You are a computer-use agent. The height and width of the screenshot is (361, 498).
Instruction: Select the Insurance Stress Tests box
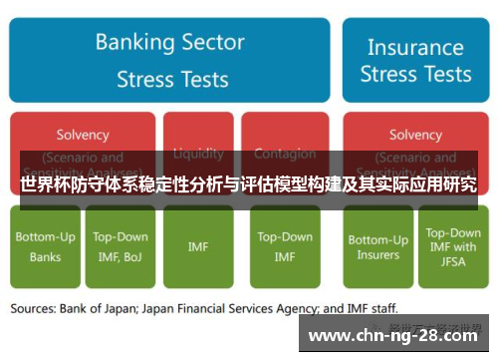(415, 60)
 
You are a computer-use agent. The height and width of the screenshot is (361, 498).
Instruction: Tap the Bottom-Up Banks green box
(45, 246)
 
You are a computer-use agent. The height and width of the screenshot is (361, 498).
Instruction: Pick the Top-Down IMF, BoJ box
(121, 246)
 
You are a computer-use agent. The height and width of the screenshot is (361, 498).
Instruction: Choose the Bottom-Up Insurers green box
(377, 246)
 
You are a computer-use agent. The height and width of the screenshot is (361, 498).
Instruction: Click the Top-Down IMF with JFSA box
(452, 246)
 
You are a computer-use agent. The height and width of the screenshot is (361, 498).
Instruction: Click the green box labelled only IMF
(198, 246)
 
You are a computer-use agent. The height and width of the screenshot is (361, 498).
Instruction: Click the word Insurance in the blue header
(415, 46)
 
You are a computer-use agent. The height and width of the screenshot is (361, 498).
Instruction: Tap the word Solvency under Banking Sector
(83, 135)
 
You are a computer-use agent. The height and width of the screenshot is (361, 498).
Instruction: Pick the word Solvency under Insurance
(415, 135)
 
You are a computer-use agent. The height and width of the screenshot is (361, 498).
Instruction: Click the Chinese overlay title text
(248, 184)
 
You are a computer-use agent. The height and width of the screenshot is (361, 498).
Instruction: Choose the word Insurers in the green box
(377, 254)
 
